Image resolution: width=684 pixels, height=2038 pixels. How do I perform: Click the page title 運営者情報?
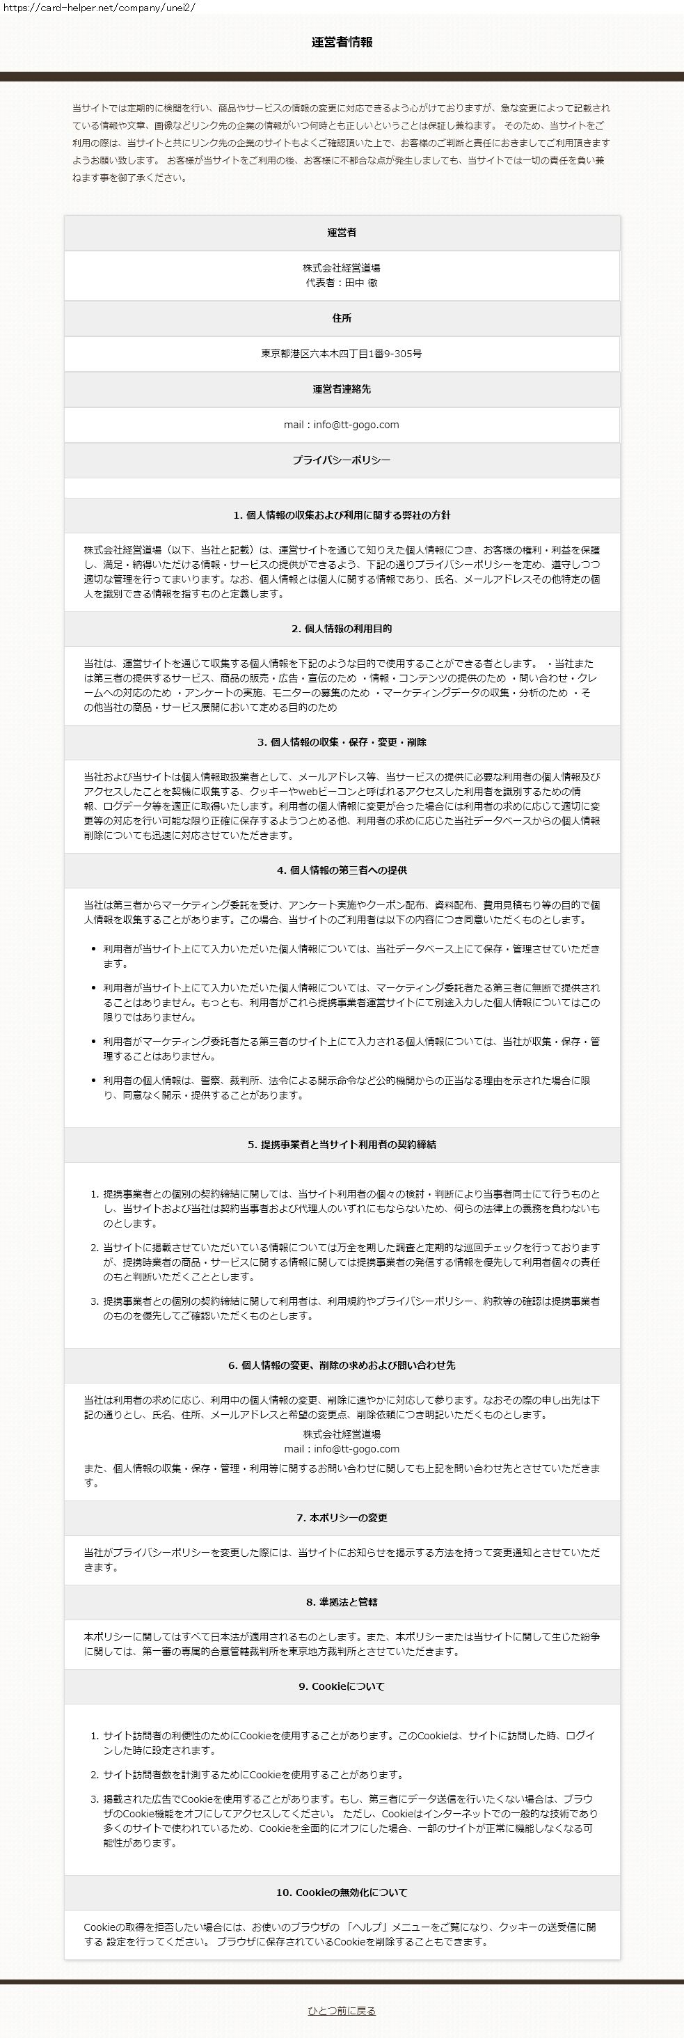[x=342, y=42]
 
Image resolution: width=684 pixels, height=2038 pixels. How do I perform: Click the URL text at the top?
[x=98, y=7]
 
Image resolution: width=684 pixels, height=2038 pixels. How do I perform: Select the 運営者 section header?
[x=342, y=233]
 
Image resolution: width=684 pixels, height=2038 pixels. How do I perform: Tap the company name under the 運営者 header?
[x=342, y=268]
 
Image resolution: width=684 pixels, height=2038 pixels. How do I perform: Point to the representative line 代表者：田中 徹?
[x=342, y=283]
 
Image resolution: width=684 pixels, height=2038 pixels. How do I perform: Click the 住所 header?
[x=342, y=318]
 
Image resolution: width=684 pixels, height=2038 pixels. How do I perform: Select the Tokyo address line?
[x=342, y=354]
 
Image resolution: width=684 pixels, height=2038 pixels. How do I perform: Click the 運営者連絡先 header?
[x=342, y=389]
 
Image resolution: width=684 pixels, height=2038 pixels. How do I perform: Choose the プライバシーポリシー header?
[x=342, y=460]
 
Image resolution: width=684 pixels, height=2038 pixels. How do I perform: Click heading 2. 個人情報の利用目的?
[x=342, y=629]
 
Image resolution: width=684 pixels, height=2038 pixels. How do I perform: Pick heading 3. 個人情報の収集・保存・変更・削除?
[x=342, y=743]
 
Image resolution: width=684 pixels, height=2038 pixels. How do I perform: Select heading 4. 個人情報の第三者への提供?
[x=342, y=870]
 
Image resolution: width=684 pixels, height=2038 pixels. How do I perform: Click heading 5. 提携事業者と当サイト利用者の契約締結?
[x=342, y=1145]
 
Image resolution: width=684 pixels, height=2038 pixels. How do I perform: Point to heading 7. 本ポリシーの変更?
[x=342, y=1518]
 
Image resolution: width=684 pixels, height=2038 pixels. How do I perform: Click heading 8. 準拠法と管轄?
[x=342, y=1602]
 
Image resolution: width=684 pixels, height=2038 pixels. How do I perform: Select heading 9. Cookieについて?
[x=342, y=1687]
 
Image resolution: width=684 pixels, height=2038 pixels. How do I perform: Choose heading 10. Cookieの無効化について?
[x=342, y=1892]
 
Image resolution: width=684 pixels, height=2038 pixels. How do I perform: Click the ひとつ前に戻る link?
[x=342, y=2010]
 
